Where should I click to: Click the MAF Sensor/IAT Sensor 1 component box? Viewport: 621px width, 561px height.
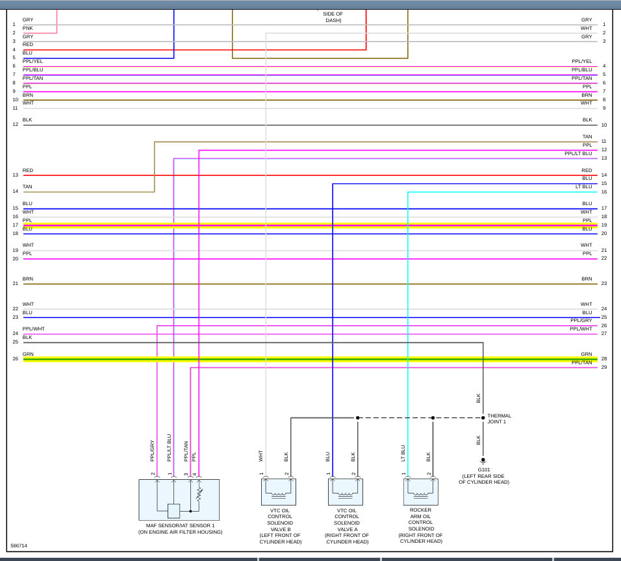tap(179, 499)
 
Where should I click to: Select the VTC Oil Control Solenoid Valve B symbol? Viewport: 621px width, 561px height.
tap(278, 492)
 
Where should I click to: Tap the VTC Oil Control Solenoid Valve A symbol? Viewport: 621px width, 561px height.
tap(346, 492)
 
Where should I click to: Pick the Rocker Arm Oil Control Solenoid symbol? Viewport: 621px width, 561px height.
tap(420, 492)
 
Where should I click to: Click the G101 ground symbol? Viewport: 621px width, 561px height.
tap(483, 460)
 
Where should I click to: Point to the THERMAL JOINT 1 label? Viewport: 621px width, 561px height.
tap(499, 419)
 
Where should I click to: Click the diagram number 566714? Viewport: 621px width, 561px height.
tap(19, 546)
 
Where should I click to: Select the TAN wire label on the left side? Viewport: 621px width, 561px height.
tap(27, 187)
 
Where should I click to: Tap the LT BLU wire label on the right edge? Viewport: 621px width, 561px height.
tap(583, 187)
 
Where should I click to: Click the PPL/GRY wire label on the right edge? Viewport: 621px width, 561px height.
tap(581, 321)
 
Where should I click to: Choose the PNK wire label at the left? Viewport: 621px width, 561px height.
tap(27, 29)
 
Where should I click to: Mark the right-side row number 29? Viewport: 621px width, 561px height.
tap(603, 368)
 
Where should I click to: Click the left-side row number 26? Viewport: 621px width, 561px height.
tap(15, 359)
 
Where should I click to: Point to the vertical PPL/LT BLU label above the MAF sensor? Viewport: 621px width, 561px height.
tap(169, 448)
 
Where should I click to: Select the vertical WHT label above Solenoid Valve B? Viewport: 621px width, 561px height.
tap(260, 456)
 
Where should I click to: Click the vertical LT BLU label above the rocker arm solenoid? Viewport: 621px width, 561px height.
tap(403, 453)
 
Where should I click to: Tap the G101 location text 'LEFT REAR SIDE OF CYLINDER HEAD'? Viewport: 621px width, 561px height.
tap(484, 479)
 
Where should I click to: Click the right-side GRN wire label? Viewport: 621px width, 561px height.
tap(587, 355)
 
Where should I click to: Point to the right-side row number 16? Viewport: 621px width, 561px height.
tap(603, 192)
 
